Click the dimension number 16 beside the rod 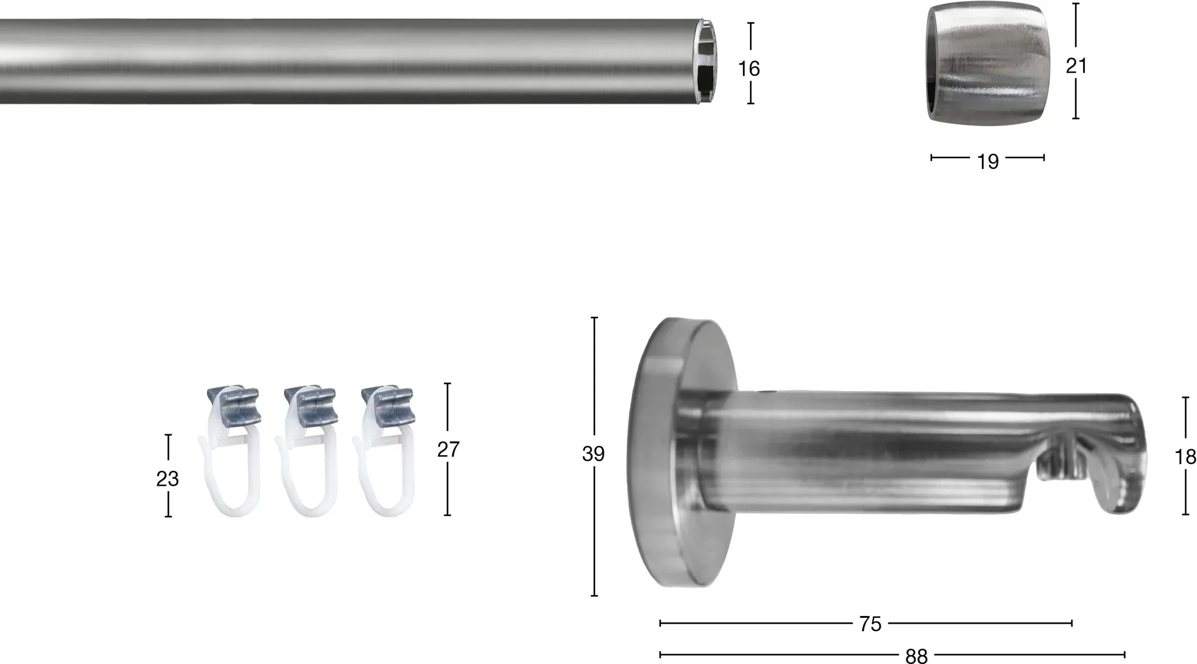pyautogui.click(x=749, y=69)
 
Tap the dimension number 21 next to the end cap pyautogui.click(x=1076, y=66)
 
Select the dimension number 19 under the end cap pyautogui.click(x=988, y=162)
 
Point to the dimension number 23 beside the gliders pyautogui.click(x=167, y=479)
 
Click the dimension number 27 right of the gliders pyautogui.click(x=448, y=449)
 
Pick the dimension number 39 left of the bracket pyautogui.click(x=593, y=454)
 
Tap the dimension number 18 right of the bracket pyautogui.click(x=1185, y=457)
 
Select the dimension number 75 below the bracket pyautogui.click(x=870, y=624)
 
